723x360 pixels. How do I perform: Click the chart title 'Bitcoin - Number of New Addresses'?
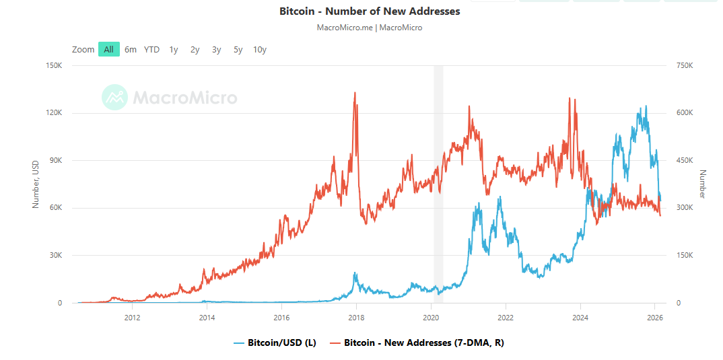click(370, 11)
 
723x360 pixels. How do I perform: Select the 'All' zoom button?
click(108, 49)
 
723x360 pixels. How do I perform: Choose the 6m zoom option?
click(131, 49)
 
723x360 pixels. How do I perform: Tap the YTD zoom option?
click(151, 49)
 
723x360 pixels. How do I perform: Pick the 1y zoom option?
click(174, 49)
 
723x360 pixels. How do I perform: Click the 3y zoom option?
click(216, 49)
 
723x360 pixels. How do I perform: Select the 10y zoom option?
click(260, 49)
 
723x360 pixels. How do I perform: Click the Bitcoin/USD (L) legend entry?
click(275, 343)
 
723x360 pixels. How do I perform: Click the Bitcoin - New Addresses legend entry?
click(417, 343)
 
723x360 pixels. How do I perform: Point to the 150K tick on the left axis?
click(53, 66)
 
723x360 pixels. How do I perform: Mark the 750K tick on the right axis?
click(685, 66)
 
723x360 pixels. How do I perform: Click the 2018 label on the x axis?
click(356, 317)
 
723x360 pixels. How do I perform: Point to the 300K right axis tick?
click(685, 208)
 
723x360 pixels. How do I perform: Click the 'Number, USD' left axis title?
click(36, 184)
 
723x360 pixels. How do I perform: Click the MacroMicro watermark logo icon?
click(114, 98)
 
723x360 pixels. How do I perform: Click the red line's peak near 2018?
click(355, 93)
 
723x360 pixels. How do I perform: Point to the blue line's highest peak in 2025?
click(646, 106)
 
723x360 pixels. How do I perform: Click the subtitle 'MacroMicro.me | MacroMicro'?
click(370, 28)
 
